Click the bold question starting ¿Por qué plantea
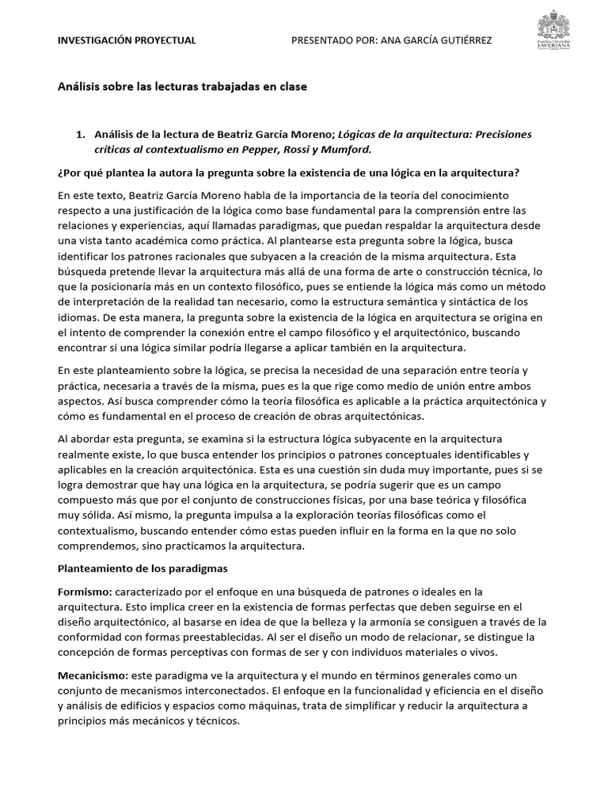pyautogui.click(x=288, y=173)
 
